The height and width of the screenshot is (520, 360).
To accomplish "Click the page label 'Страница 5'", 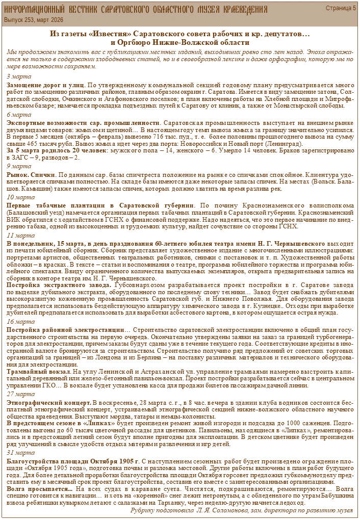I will point(341,8).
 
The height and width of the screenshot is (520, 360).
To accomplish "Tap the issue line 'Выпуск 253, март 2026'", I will point(34,19).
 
